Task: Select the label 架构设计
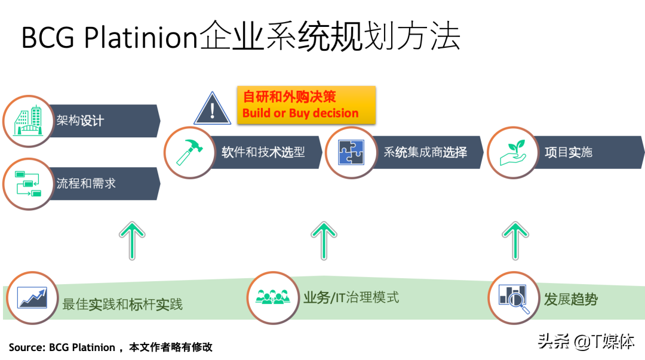pos(80,121)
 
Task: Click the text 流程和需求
pos(86,183)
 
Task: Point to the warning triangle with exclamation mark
pos(212,109)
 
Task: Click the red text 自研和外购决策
pos(289,96)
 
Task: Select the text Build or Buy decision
pos(300,113)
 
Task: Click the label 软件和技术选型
pos(263,152)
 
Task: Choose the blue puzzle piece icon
pos(351,152)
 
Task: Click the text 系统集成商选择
pos(425,152)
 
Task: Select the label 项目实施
pos(568,152)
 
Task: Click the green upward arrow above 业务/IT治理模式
pos(324,240)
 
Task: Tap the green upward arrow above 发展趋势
pos(515,240)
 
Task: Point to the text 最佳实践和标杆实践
pos(122,304)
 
